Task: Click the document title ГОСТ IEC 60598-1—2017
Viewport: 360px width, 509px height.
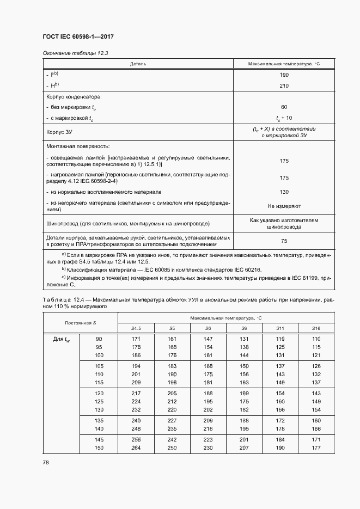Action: (77, 37)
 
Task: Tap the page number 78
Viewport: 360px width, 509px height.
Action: (46, 462)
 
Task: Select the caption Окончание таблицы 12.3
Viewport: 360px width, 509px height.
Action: (69, 53)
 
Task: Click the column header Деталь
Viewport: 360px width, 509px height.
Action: (138, 64)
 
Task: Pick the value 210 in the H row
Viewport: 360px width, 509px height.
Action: (283, 85)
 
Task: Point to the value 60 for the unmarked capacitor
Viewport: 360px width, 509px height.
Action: (284, 107)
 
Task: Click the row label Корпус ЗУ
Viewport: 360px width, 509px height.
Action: (60, 132)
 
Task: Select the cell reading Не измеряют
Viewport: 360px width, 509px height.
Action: (284, 206)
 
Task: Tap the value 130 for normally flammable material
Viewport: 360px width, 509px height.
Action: (284, 192)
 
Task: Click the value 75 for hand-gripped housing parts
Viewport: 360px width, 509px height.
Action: (284, 241)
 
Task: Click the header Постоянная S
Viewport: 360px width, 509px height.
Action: (80, 322)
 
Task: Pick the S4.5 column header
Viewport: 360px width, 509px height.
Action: (136, 328)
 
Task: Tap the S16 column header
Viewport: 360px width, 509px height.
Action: (316, 328)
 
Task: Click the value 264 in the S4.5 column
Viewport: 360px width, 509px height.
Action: (136, 447)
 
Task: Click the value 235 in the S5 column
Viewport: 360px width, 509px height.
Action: (172, 428)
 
